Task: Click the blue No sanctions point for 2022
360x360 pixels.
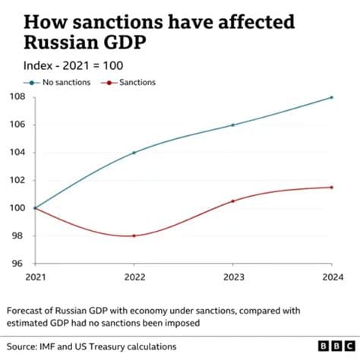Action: [x=134, y=153]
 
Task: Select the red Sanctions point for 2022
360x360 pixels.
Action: [x=134, y=235]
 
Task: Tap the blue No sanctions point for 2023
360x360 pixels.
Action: [x=232, y=125]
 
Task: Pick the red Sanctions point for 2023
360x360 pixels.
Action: [x=232, y=201]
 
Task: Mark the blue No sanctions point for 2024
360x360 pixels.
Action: [x=331, y=97]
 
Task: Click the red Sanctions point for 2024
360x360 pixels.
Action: [x=331, y=187]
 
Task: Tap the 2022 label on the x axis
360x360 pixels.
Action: [x=134, y=277]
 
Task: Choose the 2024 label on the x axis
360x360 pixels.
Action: [x=331, y=277]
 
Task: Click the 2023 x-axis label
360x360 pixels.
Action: [x=232, y=277]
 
